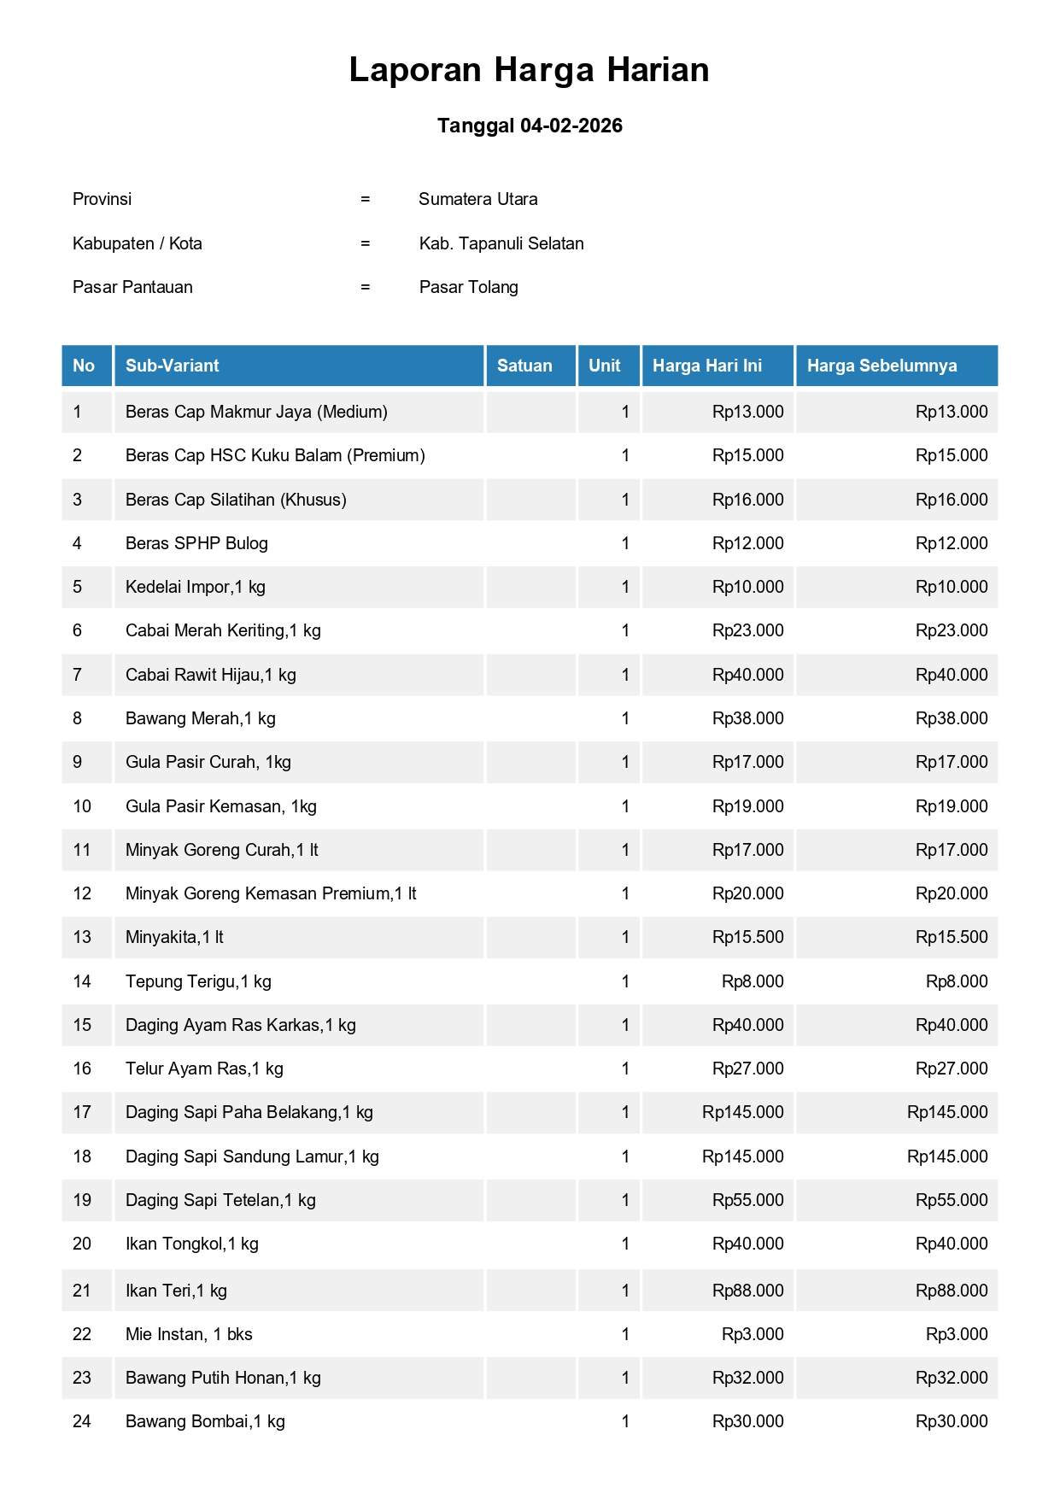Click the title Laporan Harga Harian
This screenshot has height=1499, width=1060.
[529, 70]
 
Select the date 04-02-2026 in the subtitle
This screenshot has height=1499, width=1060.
[571, 126]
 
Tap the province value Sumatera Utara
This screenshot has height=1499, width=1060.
[477, 199]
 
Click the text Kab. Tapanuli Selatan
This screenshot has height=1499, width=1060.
[501, 243]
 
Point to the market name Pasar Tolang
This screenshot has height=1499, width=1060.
[468, 287]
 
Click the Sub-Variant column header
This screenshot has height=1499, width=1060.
[172, 366]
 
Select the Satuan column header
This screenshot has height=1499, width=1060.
[524, 366]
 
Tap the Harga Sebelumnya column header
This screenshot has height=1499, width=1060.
[881, 366]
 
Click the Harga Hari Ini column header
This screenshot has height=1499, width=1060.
[706, 366]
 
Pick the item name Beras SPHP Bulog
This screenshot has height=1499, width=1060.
[196, 543]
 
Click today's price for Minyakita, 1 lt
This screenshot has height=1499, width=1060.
[747, 937]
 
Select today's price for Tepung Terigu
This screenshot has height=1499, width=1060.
[752, 981]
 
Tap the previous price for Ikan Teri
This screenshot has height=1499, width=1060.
[951, 1291]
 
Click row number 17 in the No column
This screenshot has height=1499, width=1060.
[82, 1112]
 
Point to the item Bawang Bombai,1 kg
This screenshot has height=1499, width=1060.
[205, 1421]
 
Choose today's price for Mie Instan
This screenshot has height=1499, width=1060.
[752, 1334]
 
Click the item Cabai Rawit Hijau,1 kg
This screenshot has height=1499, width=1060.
[210, 675]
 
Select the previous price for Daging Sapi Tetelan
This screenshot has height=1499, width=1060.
[951, 1200]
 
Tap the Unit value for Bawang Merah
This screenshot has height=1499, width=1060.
[625, 718]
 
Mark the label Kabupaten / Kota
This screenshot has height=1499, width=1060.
[138, 243]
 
